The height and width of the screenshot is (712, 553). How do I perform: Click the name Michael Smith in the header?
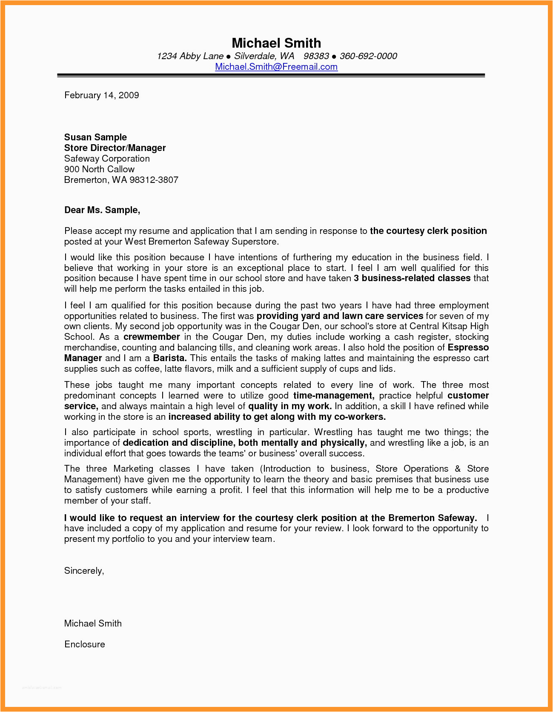[x=276, y=43]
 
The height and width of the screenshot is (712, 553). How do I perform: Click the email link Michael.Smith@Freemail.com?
[x=276, y=67]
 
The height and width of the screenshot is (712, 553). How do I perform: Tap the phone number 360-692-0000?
[x=368, y=56]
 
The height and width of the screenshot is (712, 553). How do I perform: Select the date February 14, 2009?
[x=102, y=95]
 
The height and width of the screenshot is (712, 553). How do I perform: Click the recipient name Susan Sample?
[x=95, y=137]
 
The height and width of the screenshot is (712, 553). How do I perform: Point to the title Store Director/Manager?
[x=115, y=148]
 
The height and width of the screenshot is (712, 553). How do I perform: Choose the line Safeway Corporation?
[x=107, y=159]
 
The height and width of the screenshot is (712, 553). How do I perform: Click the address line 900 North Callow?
[x=99, y=169]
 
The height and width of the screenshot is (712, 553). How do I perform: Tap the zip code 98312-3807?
[x=154, y=180]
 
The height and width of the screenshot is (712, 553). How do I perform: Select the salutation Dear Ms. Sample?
[x=102, y=210]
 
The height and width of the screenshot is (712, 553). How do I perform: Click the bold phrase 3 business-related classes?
[x=412, y=278]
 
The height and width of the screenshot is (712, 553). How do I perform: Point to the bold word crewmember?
[x=152, y=337]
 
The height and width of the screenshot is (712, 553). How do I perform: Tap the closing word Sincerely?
[x=84, y=571]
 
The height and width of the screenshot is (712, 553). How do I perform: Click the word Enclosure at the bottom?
[x=85, y=644]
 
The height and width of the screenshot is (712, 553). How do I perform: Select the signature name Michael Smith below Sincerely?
[x=93, y=624]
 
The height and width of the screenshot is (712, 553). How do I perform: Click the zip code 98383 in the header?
[x=316, y=56]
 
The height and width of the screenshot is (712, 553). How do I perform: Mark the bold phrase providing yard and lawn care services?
[x=340, y=316]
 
